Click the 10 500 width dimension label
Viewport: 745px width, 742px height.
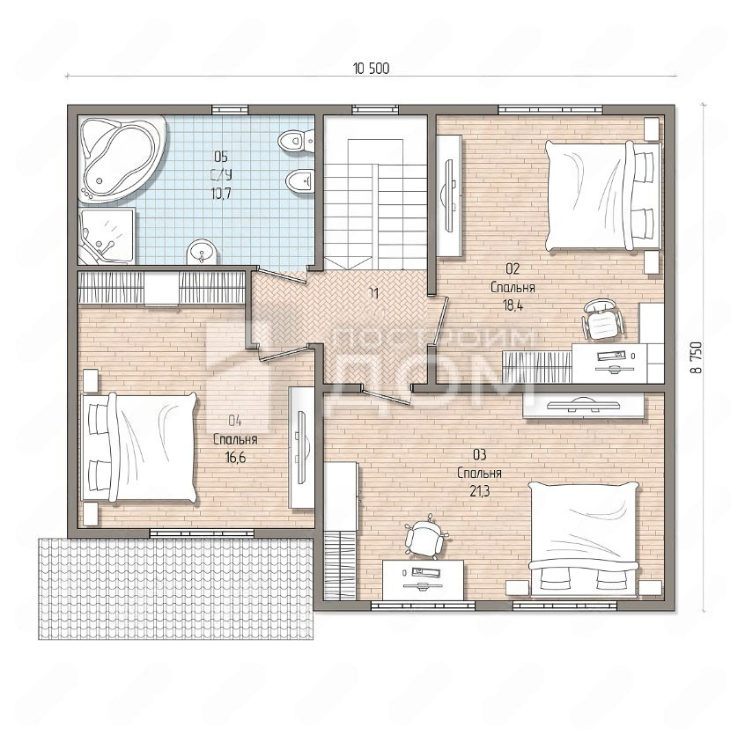(371, 69)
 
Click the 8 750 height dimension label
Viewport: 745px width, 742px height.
(697, 357)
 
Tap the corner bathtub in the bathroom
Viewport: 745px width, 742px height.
(122, 159)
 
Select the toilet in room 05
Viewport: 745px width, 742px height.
(296, 141)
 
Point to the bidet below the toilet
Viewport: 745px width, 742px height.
(299, 181)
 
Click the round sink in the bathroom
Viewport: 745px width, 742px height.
(202, 252)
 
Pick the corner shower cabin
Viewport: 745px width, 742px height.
(107, 236)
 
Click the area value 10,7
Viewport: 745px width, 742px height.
(220, 194)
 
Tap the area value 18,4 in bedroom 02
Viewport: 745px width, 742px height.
(513, 306)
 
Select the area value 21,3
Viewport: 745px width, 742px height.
(479, 492)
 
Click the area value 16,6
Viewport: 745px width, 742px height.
(235, 458)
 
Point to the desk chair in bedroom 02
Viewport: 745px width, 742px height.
(602, 320)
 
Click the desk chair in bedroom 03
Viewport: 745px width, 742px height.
(426, 535)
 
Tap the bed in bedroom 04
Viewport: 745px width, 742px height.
(139, 447)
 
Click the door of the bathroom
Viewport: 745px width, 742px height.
(279, 275)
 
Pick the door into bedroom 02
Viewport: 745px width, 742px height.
(441, 320)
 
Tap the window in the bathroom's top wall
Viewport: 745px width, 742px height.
(230, 109)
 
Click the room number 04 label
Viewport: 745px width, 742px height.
(235, 421)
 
